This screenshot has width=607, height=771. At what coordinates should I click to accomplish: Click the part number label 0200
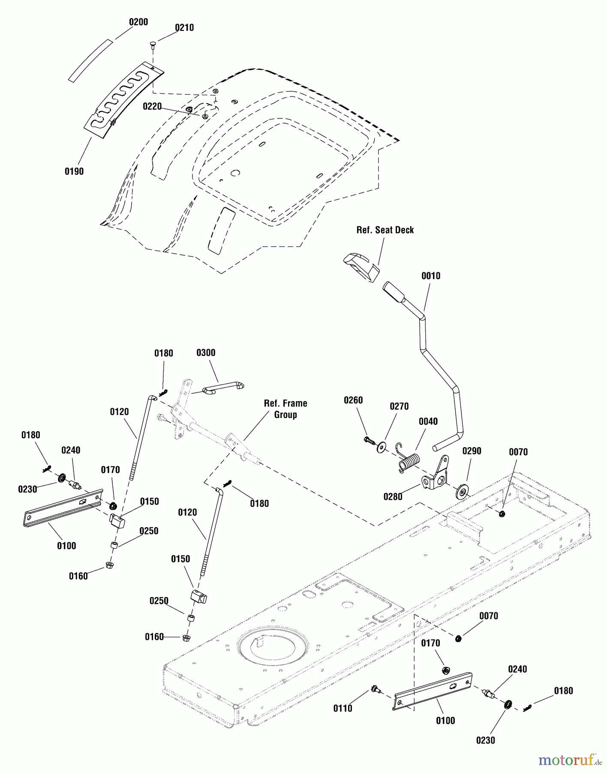[x=138, y=22]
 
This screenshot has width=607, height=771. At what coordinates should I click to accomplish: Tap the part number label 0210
[x=184, y=28]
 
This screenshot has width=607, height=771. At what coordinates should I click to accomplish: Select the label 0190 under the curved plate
[x=74, y=171]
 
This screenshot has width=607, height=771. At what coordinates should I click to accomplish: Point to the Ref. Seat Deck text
[x=385, y=230]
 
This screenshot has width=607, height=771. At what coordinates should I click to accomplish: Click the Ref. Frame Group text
[x=285, y=409]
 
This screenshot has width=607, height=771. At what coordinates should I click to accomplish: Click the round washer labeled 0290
[x=462, y=490]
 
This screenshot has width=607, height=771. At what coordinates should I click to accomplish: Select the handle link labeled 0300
[x=223, y=388]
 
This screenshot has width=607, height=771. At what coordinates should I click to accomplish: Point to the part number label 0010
[x=431, y=276]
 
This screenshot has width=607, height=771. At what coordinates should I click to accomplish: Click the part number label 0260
[x=353, y=400]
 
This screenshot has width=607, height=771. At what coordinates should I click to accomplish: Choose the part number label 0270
[x=399, y=406]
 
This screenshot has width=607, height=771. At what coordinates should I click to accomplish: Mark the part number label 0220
[x=152, y=106]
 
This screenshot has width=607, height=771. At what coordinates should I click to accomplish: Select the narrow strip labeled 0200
[x=90, y=60]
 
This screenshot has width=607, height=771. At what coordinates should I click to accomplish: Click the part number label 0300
[x=206, y=353]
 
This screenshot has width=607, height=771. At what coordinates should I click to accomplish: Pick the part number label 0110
[x=343, y=708]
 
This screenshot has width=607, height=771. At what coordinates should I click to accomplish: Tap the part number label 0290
[x=472, y=451]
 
